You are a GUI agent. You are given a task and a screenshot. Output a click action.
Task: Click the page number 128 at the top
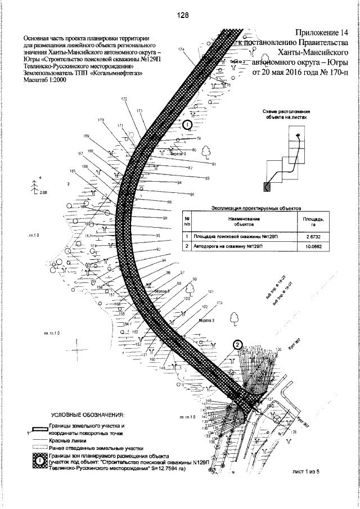click(181, 16)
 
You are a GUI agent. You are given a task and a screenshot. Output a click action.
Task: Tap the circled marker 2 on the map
click(237, 345)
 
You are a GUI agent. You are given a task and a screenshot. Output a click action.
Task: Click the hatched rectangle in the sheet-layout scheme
click(266, 186)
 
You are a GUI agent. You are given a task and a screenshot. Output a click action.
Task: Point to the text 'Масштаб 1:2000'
click(45, 81)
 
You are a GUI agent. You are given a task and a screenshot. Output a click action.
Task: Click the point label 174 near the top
click(181, 50)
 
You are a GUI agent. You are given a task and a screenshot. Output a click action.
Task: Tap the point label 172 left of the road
click(124, 99)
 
